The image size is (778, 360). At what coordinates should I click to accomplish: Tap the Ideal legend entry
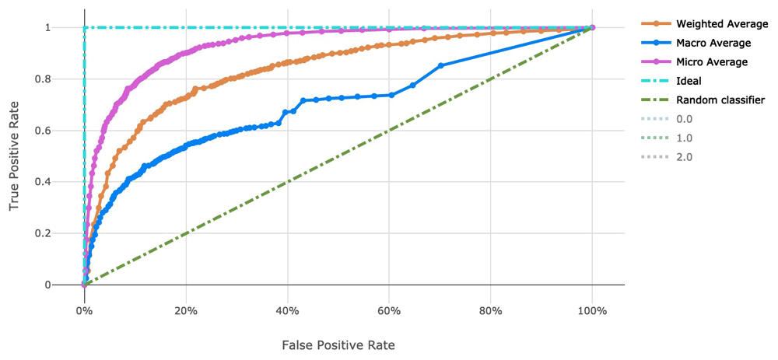click(689, 81)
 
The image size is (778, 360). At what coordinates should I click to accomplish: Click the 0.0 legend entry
click(684, 119)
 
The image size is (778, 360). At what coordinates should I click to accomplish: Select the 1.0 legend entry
click(684, 138)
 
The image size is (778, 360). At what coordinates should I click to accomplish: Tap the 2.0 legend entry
click(684, 157)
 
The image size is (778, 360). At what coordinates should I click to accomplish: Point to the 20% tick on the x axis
click(186, 310)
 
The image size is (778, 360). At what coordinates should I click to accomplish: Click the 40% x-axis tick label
click(288, 310)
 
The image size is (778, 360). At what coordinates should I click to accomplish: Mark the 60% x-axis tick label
click(389, 310)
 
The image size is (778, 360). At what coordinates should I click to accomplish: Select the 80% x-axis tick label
click(491, 310)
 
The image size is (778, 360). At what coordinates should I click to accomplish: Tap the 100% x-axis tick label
click(592, 310)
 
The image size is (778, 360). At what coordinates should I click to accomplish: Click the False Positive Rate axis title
click(338, 343)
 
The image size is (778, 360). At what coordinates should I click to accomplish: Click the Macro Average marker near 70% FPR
click(441, 65)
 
